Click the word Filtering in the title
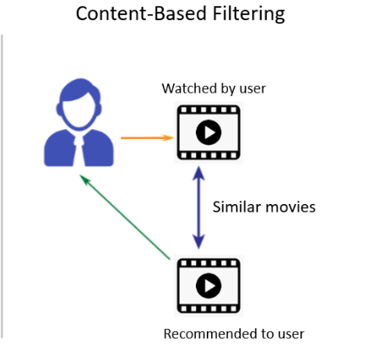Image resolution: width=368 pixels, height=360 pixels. click(243, 13)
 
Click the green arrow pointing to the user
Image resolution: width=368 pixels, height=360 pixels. click(127, 218)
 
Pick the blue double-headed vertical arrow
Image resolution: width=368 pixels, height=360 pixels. click(198, 207)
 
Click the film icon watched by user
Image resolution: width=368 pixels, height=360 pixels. click(208, 132)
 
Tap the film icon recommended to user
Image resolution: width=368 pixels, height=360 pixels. click(208, 286)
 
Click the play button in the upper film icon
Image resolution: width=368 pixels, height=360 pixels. click(208, 132)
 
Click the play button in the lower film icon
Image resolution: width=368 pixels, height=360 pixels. click(208, 286)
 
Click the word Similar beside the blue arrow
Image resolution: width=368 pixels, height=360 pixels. click(235, 207)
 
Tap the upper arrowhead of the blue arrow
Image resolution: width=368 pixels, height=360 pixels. click(198, 172)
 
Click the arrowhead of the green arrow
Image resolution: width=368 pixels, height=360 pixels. click(84, 179)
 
